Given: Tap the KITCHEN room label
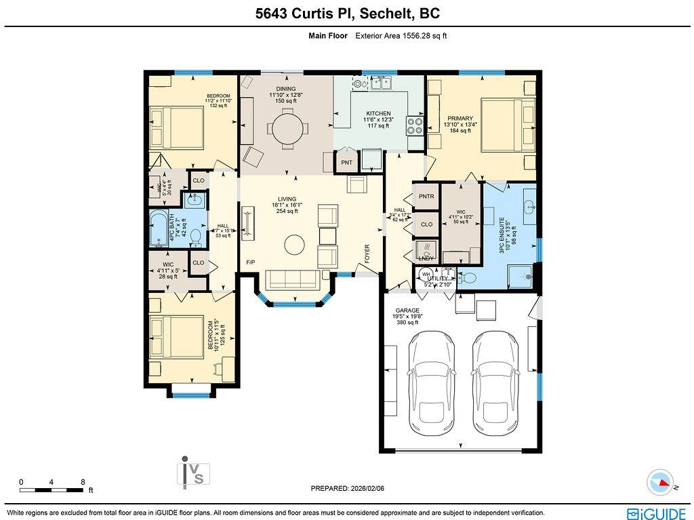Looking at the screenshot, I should (378, 113).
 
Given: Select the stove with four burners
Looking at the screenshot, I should (414, 125).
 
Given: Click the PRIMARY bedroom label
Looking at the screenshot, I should (460, 119).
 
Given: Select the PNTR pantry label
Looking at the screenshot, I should (426, 197).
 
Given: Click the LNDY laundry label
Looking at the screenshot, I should (426, 258).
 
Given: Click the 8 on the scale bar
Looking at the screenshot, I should (83, 482).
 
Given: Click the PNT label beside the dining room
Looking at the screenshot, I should (347, 163).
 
